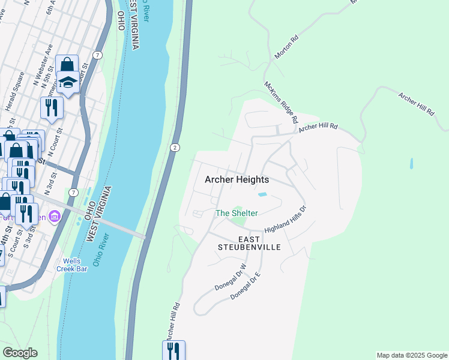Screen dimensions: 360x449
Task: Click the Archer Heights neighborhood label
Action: point(237,179)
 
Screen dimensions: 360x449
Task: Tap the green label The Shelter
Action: point(237,213)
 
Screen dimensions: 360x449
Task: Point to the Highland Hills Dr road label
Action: point(286,219)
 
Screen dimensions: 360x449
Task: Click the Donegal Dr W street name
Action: point(231,278)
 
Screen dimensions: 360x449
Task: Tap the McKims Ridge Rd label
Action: point(281,103)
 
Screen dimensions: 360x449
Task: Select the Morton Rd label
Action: point(286,46)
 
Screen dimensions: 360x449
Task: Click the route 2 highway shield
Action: point(174,148)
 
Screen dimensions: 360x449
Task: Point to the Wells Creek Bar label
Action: point(76,265)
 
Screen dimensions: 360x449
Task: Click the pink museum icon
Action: point(55,215)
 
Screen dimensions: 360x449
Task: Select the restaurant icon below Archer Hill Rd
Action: point(173,349)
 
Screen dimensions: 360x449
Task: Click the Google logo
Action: point(20,353)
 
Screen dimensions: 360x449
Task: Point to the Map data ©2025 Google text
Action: point(411,355)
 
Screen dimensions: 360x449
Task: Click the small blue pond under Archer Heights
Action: point(262,194)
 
